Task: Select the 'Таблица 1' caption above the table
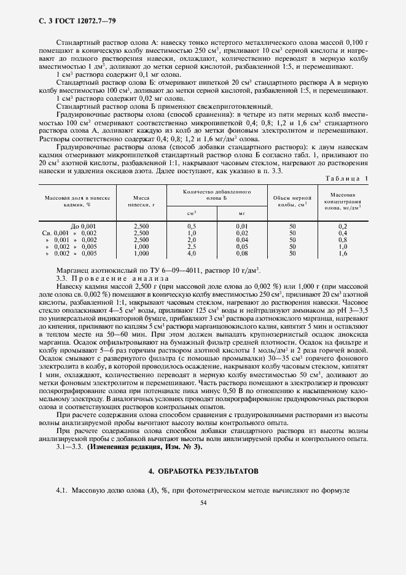(349, 178)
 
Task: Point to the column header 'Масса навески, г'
(141, 201)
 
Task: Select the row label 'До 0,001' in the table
(84, 226)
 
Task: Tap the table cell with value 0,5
(191, 226)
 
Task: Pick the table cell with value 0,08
(242, 253)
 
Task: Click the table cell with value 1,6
(343, 253)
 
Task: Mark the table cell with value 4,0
(191, 253)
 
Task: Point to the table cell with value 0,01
(242, 226)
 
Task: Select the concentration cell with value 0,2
(343, 226)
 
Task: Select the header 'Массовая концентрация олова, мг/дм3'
(343, 201)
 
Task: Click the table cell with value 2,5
(191, 246)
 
